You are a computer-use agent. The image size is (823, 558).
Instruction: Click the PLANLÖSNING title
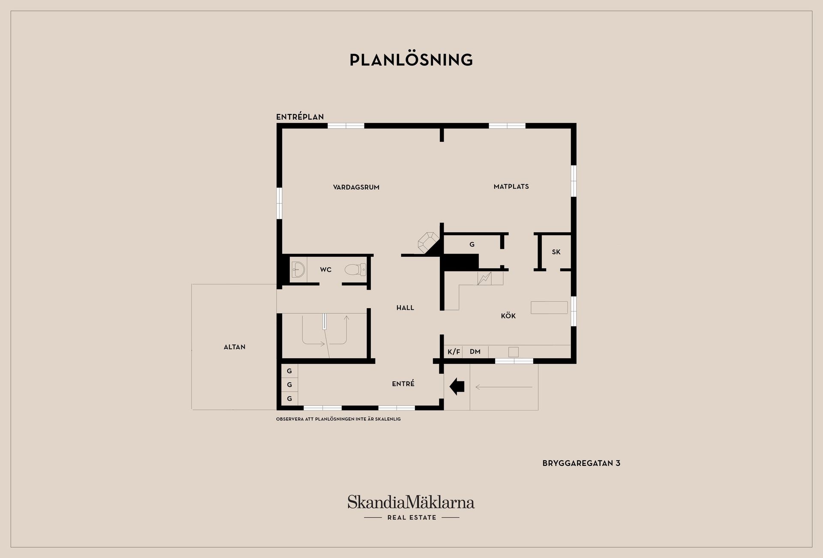tap(411, 60)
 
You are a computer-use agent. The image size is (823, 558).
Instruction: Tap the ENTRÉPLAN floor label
tap(300, 117)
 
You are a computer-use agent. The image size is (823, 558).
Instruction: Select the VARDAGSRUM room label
tap(356, 187)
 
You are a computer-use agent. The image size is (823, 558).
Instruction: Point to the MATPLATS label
tap(511, 186)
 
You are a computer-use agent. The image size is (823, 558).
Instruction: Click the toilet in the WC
tap(355, 270)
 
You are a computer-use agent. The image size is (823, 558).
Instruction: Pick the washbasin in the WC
tap(298, 270)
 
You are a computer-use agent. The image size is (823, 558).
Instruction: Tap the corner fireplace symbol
tap(429, 243)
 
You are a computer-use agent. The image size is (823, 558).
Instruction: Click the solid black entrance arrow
tap(457, 387)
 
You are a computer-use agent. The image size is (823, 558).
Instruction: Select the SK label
tap(556, 252)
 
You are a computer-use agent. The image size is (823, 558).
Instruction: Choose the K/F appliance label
tap(454, 352)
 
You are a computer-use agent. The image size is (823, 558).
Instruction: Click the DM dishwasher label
tap(475, 352)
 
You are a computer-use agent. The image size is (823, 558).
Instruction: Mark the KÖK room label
tap(508, 316)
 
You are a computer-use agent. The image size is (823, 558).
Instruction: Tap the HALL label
tap(405, 308)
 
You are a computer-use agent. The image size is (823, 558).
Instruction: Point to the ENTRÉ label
tap(403, 384)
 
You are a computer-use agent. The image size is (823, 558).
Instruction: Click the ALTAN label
tap(234, 347)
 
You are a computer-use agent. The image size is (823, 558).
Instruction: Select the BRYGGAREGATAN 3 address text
tap(581, 463)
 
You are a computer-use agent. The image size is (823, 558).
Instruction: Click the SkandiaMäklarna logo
tap(411, 507)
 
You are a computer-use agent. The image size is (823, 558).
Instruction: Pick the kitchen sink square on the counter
tap(513, 352)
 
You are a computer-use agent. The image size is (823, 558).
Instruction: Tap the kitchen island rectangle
tap(549, 307)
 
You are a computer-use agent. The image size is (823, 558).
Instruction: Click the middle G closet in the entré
tap(289, 384)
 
